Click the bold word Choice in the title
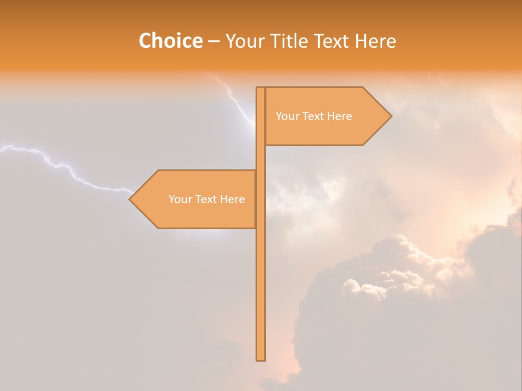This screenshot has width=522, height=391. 170,41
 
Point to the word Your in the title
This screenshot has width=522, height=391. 244,41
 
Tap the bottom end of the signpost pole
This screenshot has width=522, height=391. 260,358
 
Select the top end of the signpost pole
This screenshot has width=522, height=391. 260,89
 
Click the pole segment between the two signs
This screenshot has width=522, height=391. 260,158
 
